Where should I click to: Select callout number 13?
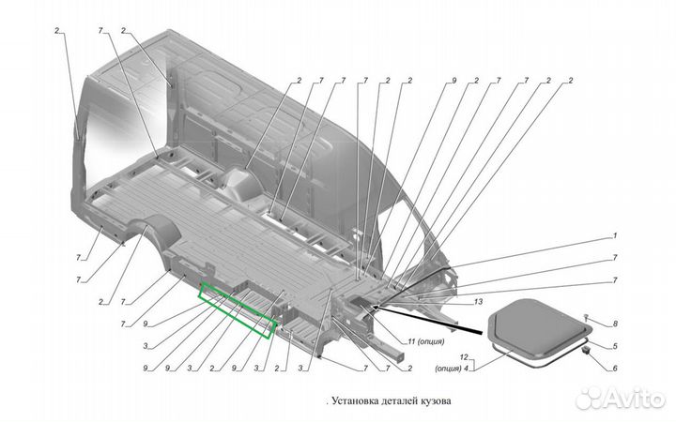click(479, 302)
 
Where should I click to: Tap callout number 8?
click(615, 324)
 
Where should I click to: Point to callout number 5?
click(615, 346)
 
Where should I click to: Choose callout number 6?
click(615, 369)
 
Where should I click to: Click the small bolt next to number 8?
click(586, 319)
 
